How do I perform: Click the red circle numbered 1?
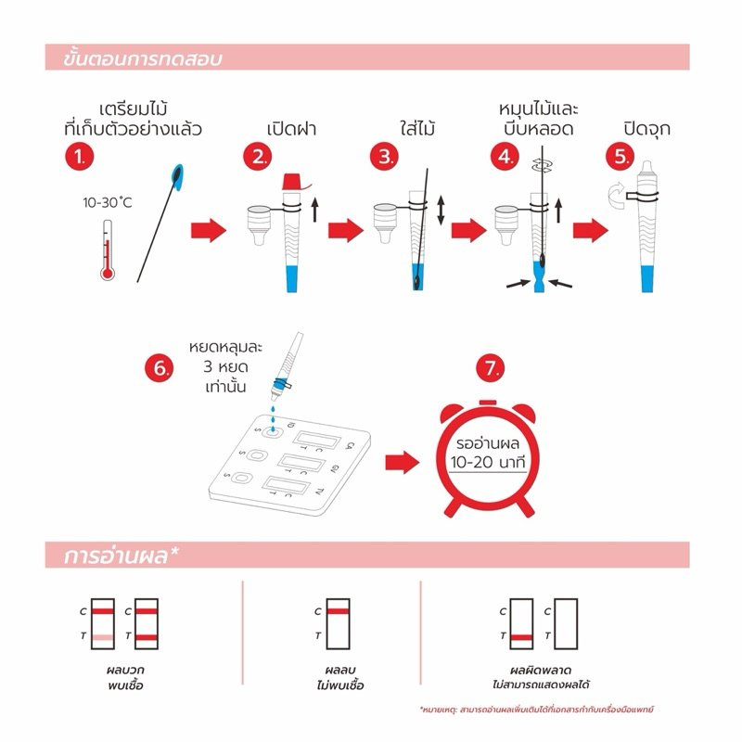pos(82,157)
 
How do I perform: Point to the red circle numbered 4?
pos(505,157)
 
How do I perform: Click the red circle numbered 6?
pos(160,368)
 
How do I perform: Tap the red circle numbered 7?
pos(490,368)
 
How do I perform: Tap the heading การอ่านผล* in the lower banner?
pos(122,556)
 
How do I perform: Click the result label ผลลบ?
pos(334,669)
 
